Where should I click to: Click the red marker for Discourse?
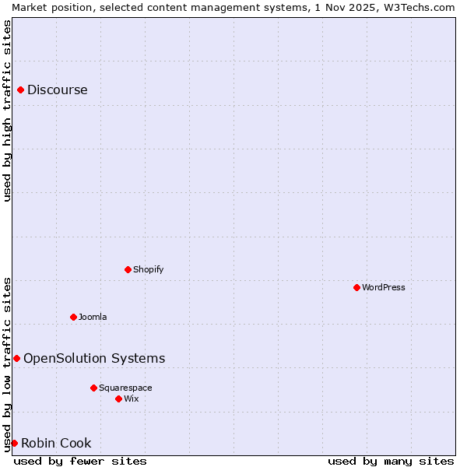pyautogui.click(x=20, y=90)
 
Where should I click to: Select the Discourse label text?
pyautogui.click(x=57, y=90)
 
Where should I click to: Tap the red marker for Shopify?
pyautogui.click(x=128, y=270)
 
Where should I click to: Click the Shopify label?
pyautogui.click(x=148, y=270)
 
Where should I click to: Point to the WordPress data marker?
pyautogui.click(x=356, y=288)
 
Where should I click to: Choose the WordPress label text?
pyautogui.click(x=383, y=288)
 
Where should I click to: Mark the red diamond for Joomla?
pyautogui.click(x=73, y=318)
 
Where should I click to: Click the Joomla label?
pyautogui.click(x=93, y=318)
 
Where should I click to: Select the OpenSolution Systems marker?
pyautogui.click(x=16, y=359)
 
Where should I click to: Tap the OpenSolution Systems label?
pyautogui.click(x=94, y=359)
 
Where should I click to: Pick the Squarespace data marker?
pyautogui.click(x=93, y=388)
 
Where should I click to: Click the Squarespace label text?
pyautogui.click(x=125, y=388)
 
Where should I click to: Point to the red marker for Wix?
pyautogui.click(x=118, y=399)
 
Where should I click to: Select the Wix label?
pyautogui.click(x=131, y=399)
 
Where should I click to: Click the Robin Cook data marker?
pyautogui.click(x=14, y=444)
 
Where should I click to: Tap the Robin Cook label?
pyautogui.click(x=56, y=444)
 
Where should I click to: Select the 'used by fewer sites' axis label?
pyautogui.click(x=80, y=462)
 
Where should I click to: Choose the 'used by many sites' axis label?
pyautogui.click(x=391, y=462)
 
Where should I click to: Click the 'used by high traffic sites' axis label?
pyautogui.click(x=8, y=111)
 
